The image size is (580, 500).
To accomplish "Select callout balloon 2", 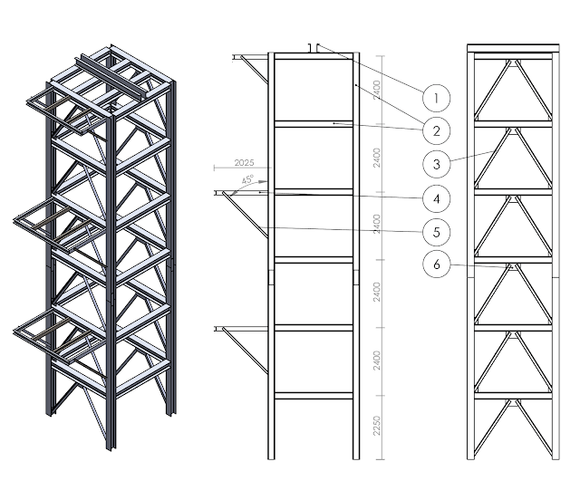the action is tap(436, 130).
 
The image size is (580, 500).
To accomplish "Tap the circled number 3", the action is tap(436, 164).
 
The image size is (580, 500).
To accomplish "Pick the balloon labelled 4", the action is tap(436, 197).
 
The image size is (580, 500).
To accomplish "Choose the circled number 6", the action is tap(436, 264).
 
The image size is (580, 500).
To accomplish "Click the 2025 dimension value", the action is tap(242, 162).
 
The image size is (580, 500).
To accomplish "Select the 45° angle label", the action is tap(247, 179).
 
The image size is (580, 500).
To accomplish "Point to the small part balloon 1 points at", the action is tap(314, 46).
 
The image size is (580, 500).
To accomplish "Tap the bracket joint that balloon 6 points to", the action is tap(512, 266).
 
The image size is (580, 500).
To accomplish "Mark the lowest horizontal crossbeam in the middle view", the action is tap(313, 395).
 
